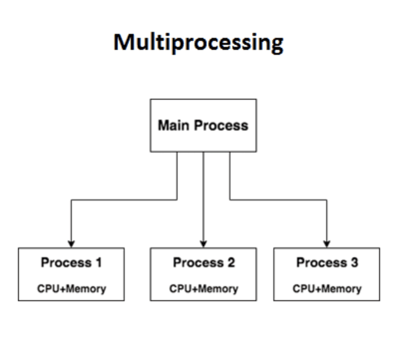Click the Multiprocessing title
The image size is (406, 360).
(x=199, y=43)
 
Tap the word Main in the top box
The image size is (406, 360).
(x=173, y=125)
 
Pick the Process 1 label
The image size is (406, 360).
(x=71, y=262)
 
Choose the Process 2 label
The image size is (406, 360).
(x=203, y=262)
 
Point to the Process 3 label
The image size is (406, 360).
(x=327, y=262)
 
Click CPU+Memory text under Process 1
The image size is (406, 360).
(x=71, y=289)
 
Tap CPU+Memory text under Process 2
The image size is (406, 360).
(x=203, y=289)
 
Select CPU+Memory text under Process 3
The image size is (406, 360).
(x=327, y=289)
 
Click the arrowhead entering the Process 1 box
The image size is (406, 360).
(x=71, y=244)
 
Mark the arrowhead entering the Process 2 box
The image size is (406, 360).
(x=203, y=244)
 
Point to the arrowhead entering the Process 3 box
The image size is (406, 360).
(x=327, y=244)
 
